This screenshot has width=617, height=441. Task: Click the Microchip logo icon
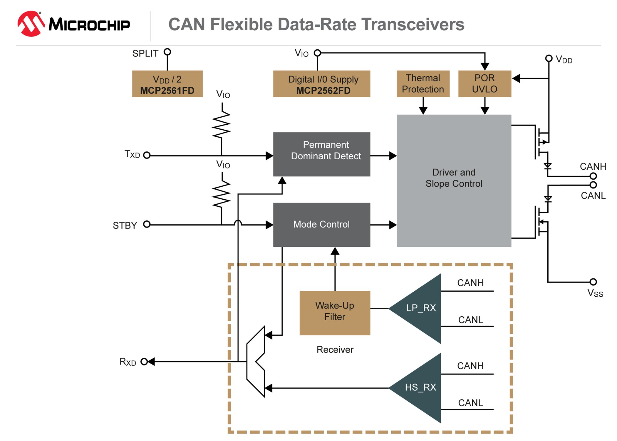tap(31, 24)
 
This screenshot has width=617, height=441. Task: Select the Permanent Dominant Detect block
tap(321, 154)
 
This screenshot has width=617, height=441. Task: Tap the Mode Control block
tap(321, 225)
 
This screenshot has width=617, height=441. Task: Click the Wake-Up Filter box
tap(335, 313)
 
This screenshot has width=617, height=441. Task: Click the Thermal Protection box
tap(423, 84)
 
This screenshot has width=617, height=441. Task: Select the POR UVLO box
tap(484, 84)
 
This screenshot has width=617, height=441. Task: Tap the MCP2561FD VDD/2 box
tap(167, 84)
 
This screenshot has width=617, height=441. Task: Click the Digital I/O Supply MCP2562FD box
tap(321, 84)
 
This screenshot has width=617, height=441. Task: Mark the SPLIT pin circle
tap(167, 52)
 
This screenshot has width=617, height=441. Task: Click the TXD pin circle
tap(147, 155)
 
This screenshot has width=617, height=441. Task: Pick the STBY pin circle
tap(147, 224)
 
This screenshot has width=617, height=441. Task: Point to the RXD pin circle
tap(144, 362)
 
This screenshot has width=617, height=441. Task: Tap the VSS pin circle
tap(593, 282)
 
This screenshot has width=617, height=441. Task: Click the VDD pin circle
tap(549, 58)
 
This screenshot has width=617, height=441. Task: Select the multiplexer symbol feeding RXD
tap(256, 362)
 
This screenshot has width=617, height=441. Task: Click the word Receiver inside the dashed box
tap(335, 350)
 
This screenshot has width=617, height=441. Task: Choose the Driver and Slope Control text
tap(454, 178)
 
